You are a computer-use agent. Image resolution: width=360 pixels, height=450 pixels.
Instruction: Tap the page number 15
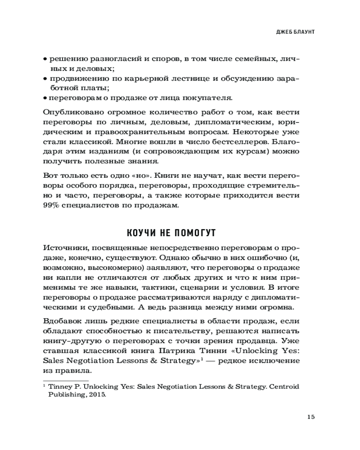[x=311, y=416]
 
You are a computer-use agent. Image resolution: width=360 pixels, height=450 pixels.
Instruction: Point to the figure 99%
[x=52, y=206]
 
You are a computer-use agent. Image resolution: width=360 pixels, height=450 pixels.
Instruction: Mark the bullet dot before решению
[x=45, y=59]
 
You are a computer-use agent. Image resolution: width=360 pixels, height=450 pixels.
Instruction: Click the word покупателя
[x=212, y=97]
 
